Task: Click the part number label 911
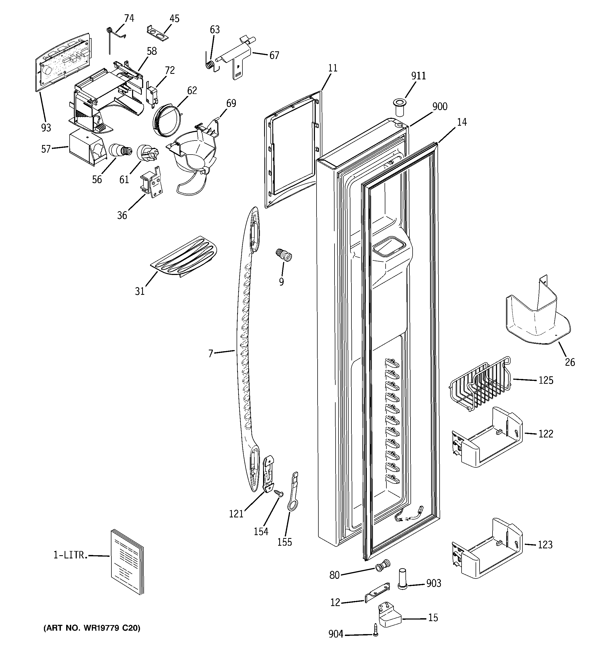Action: click(418, 76)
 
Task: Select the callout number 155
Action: click(285, 542)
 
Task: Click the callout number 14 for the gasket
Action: click(462, 122)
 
